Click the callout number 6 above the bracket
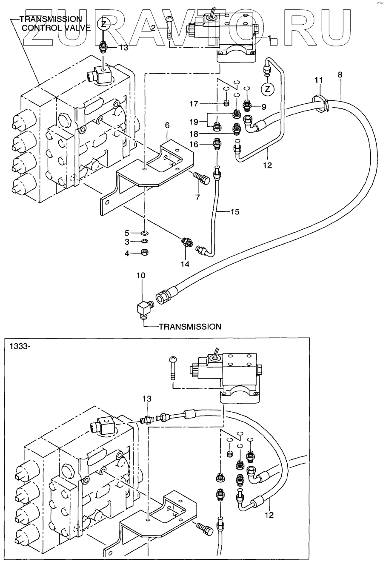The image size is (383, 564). tap(168, 125)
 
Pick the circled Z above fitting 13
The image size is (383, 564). tap(104, 24)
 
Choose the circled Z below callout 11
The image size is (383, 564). tap(268, 88)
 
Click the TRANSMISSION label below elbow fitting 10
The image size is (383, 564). tap(190, 327)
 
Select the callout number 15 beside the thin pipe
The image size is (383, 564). tap(234, 212)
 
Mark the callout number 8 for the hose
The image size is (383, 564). tap(340, 75)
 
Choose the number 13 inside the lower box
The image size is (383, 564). tap(147, 399)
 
